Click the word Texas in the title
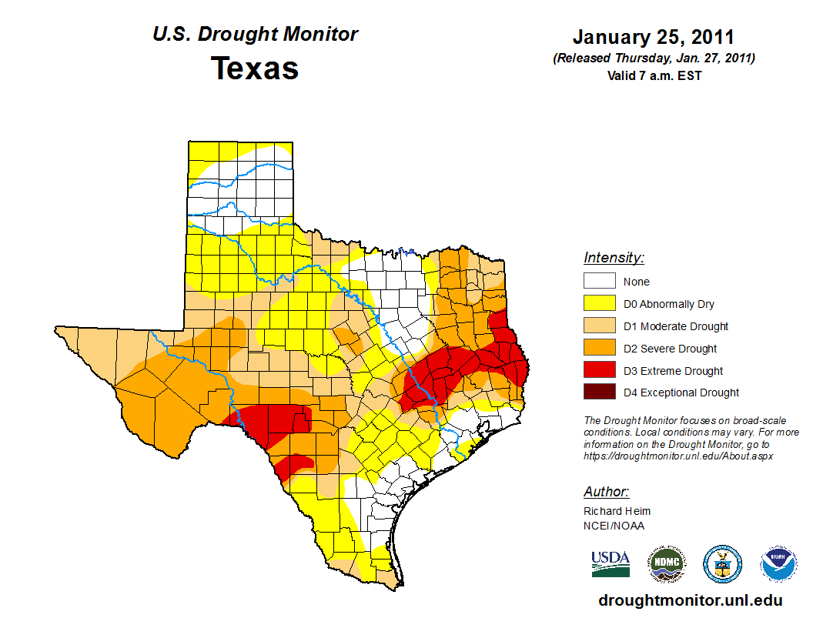click(x=255, y=68)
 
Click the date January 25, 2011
click(x=653, y=37)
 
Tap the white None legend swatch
click(x=599, y=282)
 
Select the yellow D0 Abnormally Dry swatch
click(x=599, y=304)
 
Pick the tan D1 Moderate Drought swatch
click(x=599, y=326)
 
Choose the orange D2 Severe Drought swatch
click(x=599, y=349)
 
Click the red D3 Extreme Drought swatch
click(x=599, y=371)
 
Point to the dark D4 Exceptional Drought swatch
click(x=599, y=392)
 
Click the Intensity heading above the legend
click(x=614, y=258)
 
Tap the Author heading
click(x=606, y=492)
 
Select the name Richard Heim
click(x=617, y=511)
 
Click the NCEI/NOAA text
click(x=614, y=526)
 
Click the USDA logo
click(x=611, y=563)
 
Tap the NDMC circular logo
click(x=666, y=564)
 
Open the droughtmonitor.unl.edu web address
click(x=690, y=600)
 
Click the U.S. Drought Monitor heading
click(x=255, y=35)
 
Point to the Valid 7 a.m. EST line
click(x=653, y=75)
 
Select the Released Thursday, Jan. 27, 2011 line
click(x=653, y=58)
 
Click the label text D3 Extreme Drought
click(x=673, y=371)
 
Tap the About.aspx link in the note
click(x=677, y=456)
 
